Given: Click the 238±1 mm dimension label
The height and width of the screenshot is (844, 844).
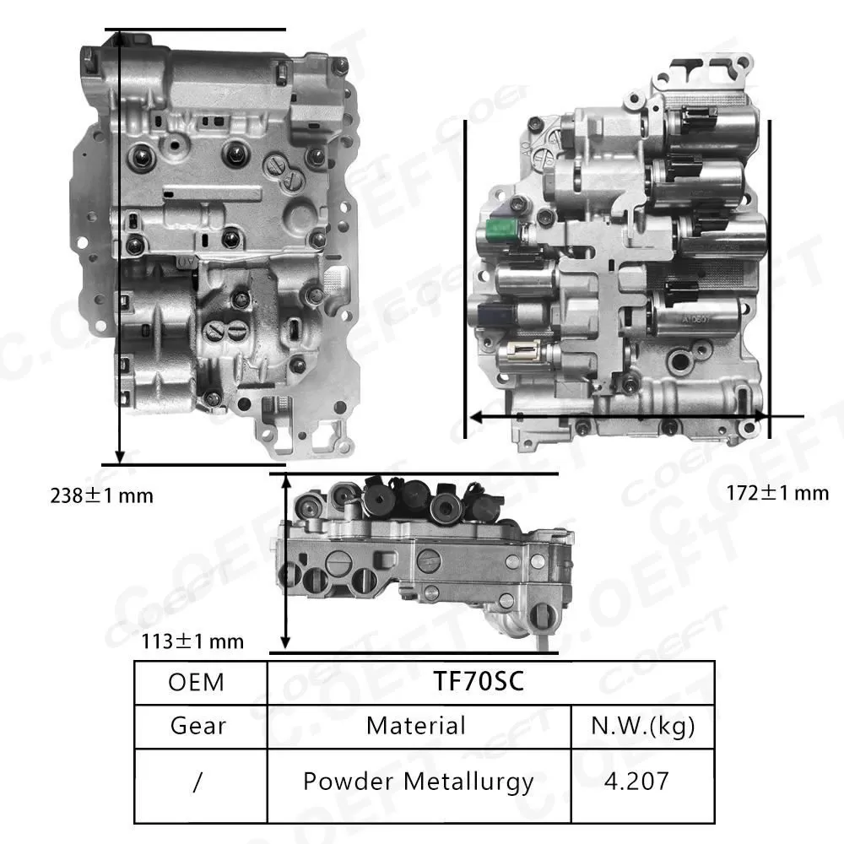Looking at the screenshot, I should [101, 495].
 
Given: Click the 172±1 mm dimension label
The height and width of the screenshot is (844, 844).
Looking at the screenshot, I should [777, 493].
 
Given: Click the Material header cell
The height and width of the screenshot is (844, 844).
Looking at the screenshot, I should [416, 725].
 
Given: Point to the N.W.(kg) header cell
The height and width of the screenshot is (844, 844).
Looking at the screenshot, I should [643, 725].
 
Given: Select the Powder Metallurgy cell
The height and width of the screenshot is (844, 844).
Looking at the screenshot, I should [419, 781].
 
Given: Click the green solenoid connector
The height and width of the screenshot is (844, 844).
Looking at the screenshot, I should [501, 230].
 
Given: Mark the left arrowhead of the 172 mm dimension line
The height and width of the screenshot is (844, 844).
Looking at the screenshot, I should [475, 416].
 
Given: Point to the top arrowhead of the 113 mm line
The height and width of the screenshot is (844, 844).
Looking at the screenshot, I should [286, 480].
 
